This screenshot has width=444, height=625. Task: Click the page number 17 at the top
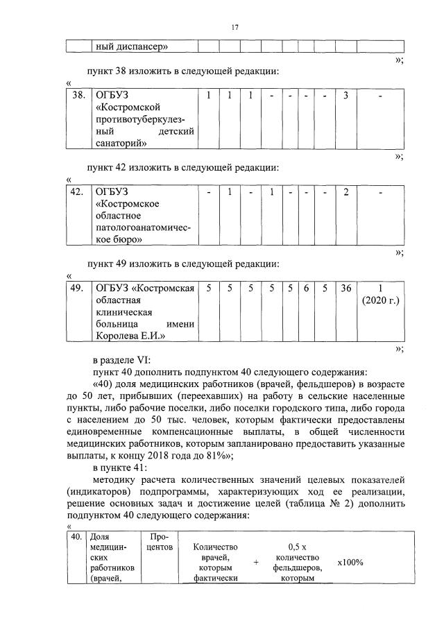234,27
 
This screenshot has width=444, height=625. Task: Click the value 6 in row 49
305,288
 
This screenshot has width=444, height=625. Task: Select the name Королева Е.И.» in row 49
128,336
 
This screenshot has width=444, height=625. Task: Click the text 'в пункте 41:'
119,468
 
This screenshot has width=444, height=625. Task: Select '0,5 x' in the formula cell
297,547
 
